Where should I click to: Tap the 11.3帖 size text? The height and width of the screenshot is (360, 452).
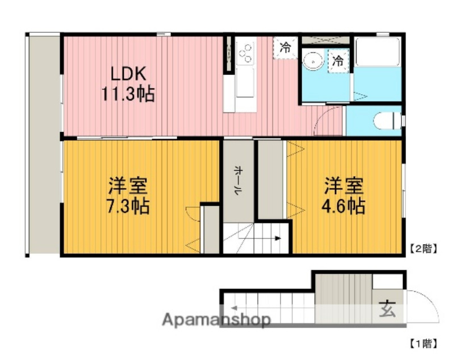(x=128, y=94)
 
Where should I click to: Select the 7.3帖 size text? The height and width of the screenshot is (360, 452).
(x=128, y=206)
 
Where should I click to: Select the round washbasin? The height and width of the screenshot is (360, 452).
(x=312, y=60)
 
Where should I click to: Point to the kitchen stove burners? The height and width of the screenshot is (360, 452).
(x=246, y=55)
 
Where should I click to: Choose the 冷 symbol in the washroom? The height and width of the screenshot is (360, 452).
(x=338, y=60)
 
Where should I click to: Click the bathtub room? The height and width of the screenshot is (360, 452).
(x=376, y=68)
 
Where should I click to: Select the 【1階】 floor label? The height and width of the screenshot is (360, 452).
(x=423, y=343)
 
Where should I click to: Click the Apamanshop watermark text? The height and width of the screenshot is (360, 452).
(x=216, y=320)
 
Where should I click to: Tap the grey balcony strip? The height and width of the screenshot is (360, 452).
(x=43, y=142)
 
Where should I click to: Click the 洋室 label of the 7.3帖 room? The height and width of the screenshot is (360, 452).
(x=128, y=186)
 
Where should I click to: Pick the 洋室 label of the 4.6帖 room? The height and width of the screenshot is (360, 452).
(x=344, y=186)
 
